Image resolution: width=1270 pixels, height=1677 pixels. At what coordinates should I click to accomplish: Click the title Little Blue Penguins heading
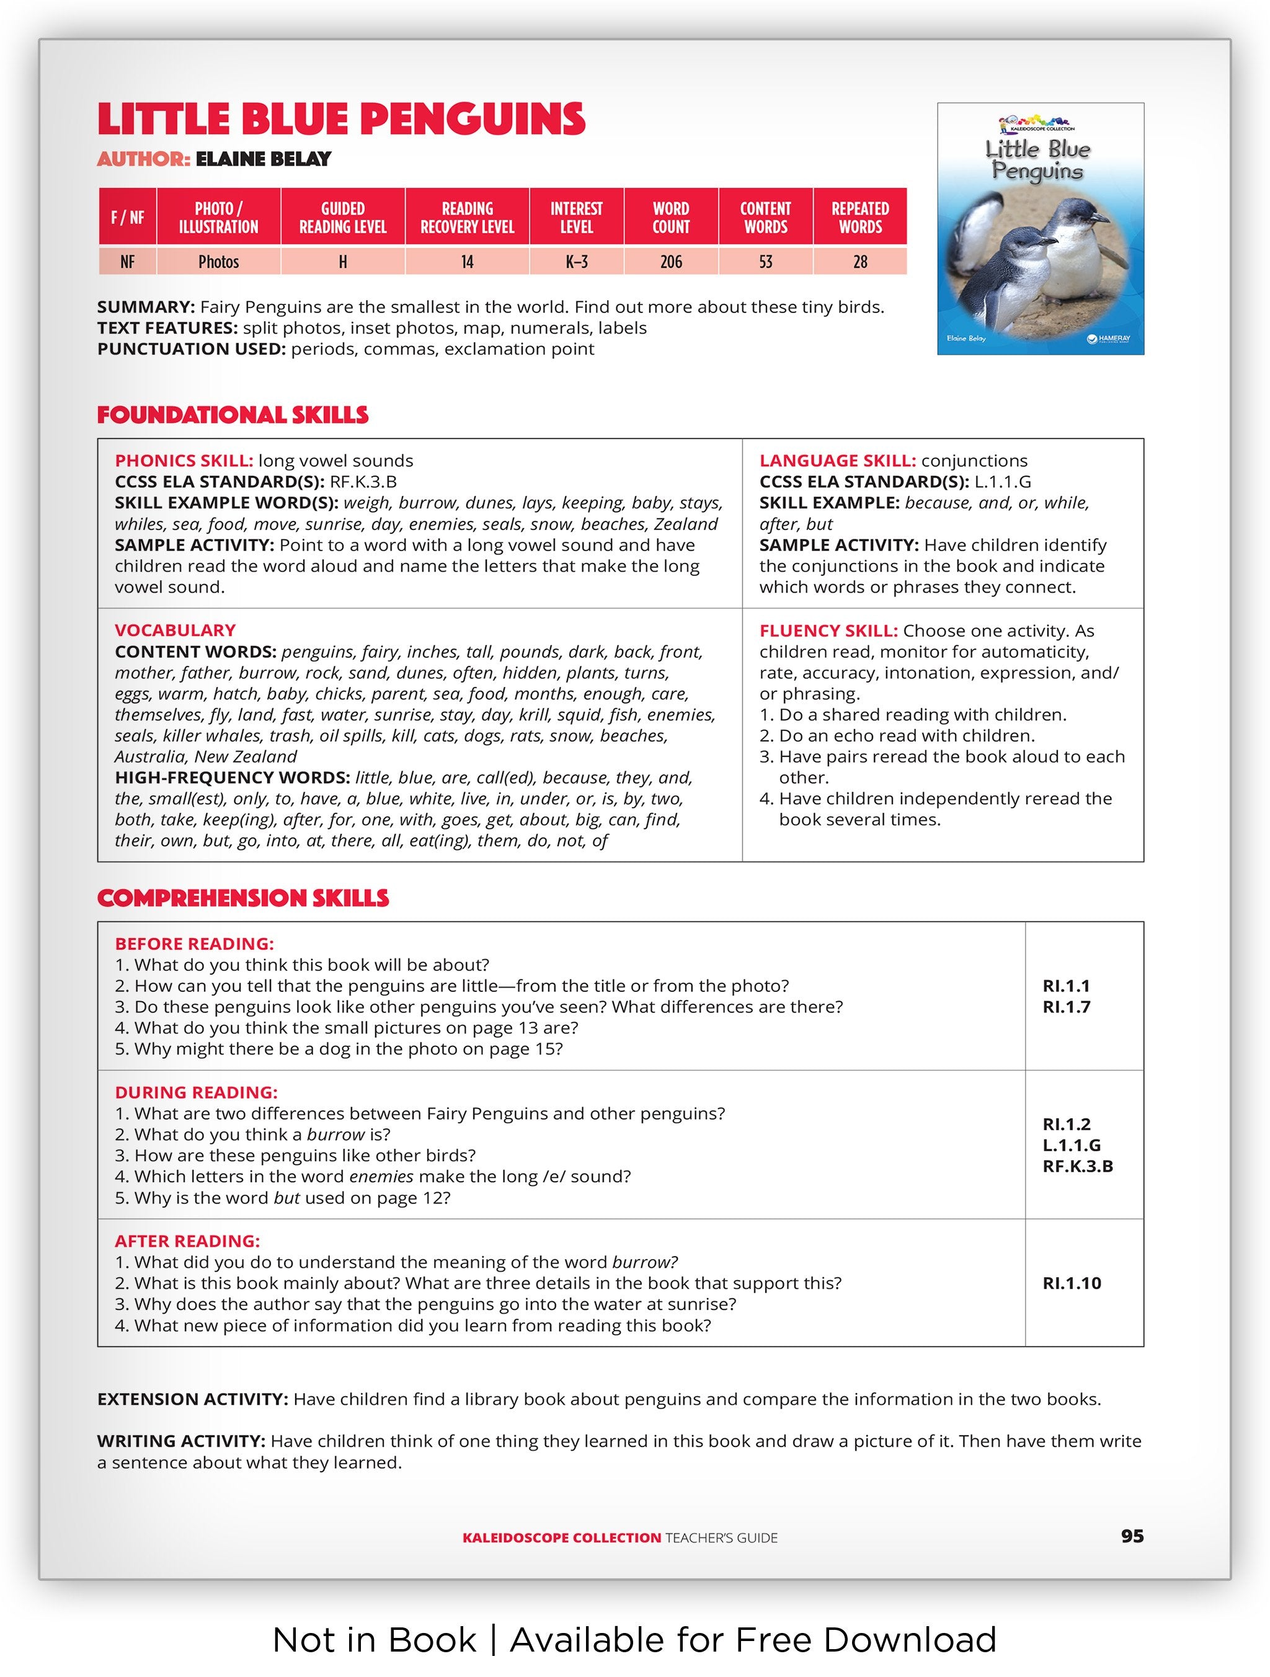[x=341, y=120]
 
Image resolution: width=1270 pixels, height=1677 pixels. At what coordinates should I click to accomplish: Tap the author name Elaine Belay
[x=263, y=159]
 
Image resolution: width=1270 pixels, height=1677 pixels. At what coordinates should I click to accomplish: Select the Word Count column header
[x=670, y=218]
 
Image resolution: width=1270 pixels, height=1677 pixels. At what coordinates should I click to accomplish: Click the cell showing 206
[x=670, y=262]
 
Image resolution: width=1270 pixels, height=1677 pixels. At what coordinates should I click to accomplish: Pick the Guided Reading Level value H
[x=343, y=262]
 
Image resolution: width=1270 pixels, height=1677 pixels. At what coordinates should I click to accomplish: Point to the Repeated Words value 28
[x=860, y=262]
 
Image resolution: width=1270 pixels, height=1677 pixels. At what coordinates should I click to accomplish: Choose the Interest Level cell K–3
[x=576, y=262]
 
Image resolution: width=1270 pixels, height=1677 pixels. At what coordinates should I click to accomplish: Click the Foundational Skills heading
[x=233, y=415]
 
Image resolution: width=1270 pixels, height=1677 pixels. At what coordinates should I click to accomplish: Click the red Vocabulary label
[x=175, y=631]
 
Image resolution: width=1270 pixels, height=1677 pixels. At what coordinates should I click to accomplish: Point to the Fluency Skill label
[x=828, y=631]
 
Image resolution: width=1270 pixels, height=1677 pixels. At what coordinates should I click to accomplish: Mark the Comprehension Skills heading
[x=242, y=898]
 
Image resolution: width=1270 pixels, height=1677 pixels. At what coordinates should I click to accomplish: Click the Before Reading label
[x=194, y=944]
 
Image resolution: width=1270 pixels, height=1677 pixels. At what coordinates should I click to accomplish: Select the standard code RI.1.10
[x=1072, y=1283]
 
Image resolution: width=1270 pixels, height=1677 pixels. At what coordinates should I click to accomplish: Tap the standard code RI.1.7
[x=1066, y=1007]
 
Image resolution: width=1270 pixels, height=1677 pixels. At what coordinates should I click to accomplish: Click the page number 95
[x=1131, y=1537]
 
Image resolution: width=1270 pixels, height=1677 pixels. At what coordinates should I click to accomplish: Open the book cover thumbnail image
[x=1041, y=229]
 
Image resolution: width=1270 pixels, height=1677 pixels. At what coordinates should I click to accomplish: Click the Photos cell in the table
[x=218, y=262]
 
